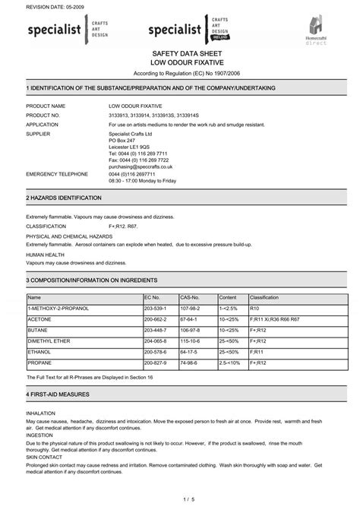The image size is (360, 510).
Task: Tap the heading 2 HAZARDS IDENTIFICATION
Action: (64, 197)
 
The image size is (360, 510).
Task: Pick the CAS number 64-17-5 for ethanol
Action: (190, 352)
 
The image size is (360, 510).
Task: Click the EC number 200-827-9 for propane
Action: (154, 363)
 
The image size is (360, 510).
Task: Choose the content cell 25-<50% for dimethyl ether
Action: (229, 341)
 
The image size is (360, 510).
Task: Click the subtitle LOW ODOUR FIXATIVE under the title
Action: (180, 65)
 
